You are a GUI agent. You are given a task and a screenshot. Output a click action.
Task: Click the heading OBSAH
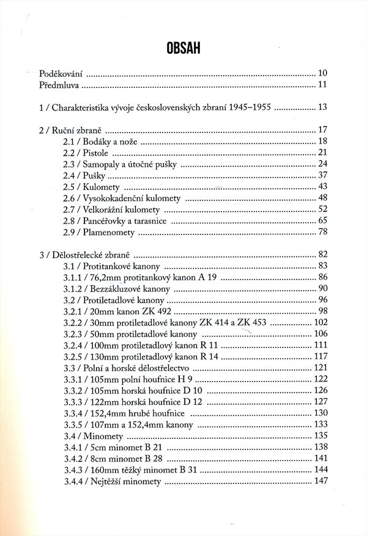click(183, 47)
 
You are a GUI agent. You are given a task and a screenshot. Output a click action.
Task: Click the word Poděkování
click(61, 73)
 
